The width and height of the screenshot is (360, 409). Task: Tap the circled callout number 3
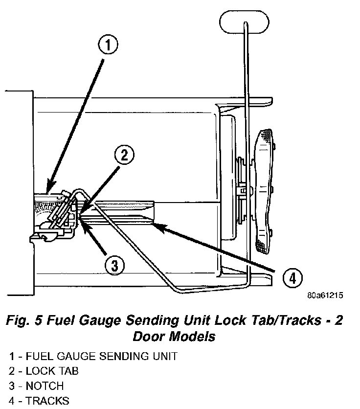114,265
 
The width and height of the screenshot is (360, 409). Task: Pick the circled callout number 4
292,278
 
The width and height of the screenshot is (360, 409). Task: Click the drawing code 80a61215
325,295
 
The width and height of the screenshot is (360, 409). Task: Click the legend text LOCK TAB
52,371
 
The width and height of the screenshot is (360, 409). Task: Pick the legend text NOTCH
45,386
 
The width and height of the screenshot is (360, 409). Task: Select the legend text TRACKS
47,401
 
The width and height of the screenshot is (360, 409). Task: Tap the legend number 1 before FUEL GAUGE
11,356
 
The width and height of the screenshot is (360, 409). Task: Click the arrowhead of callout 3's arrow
81,222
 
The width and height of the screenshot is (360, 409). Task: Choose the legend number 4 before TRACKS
11,401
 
